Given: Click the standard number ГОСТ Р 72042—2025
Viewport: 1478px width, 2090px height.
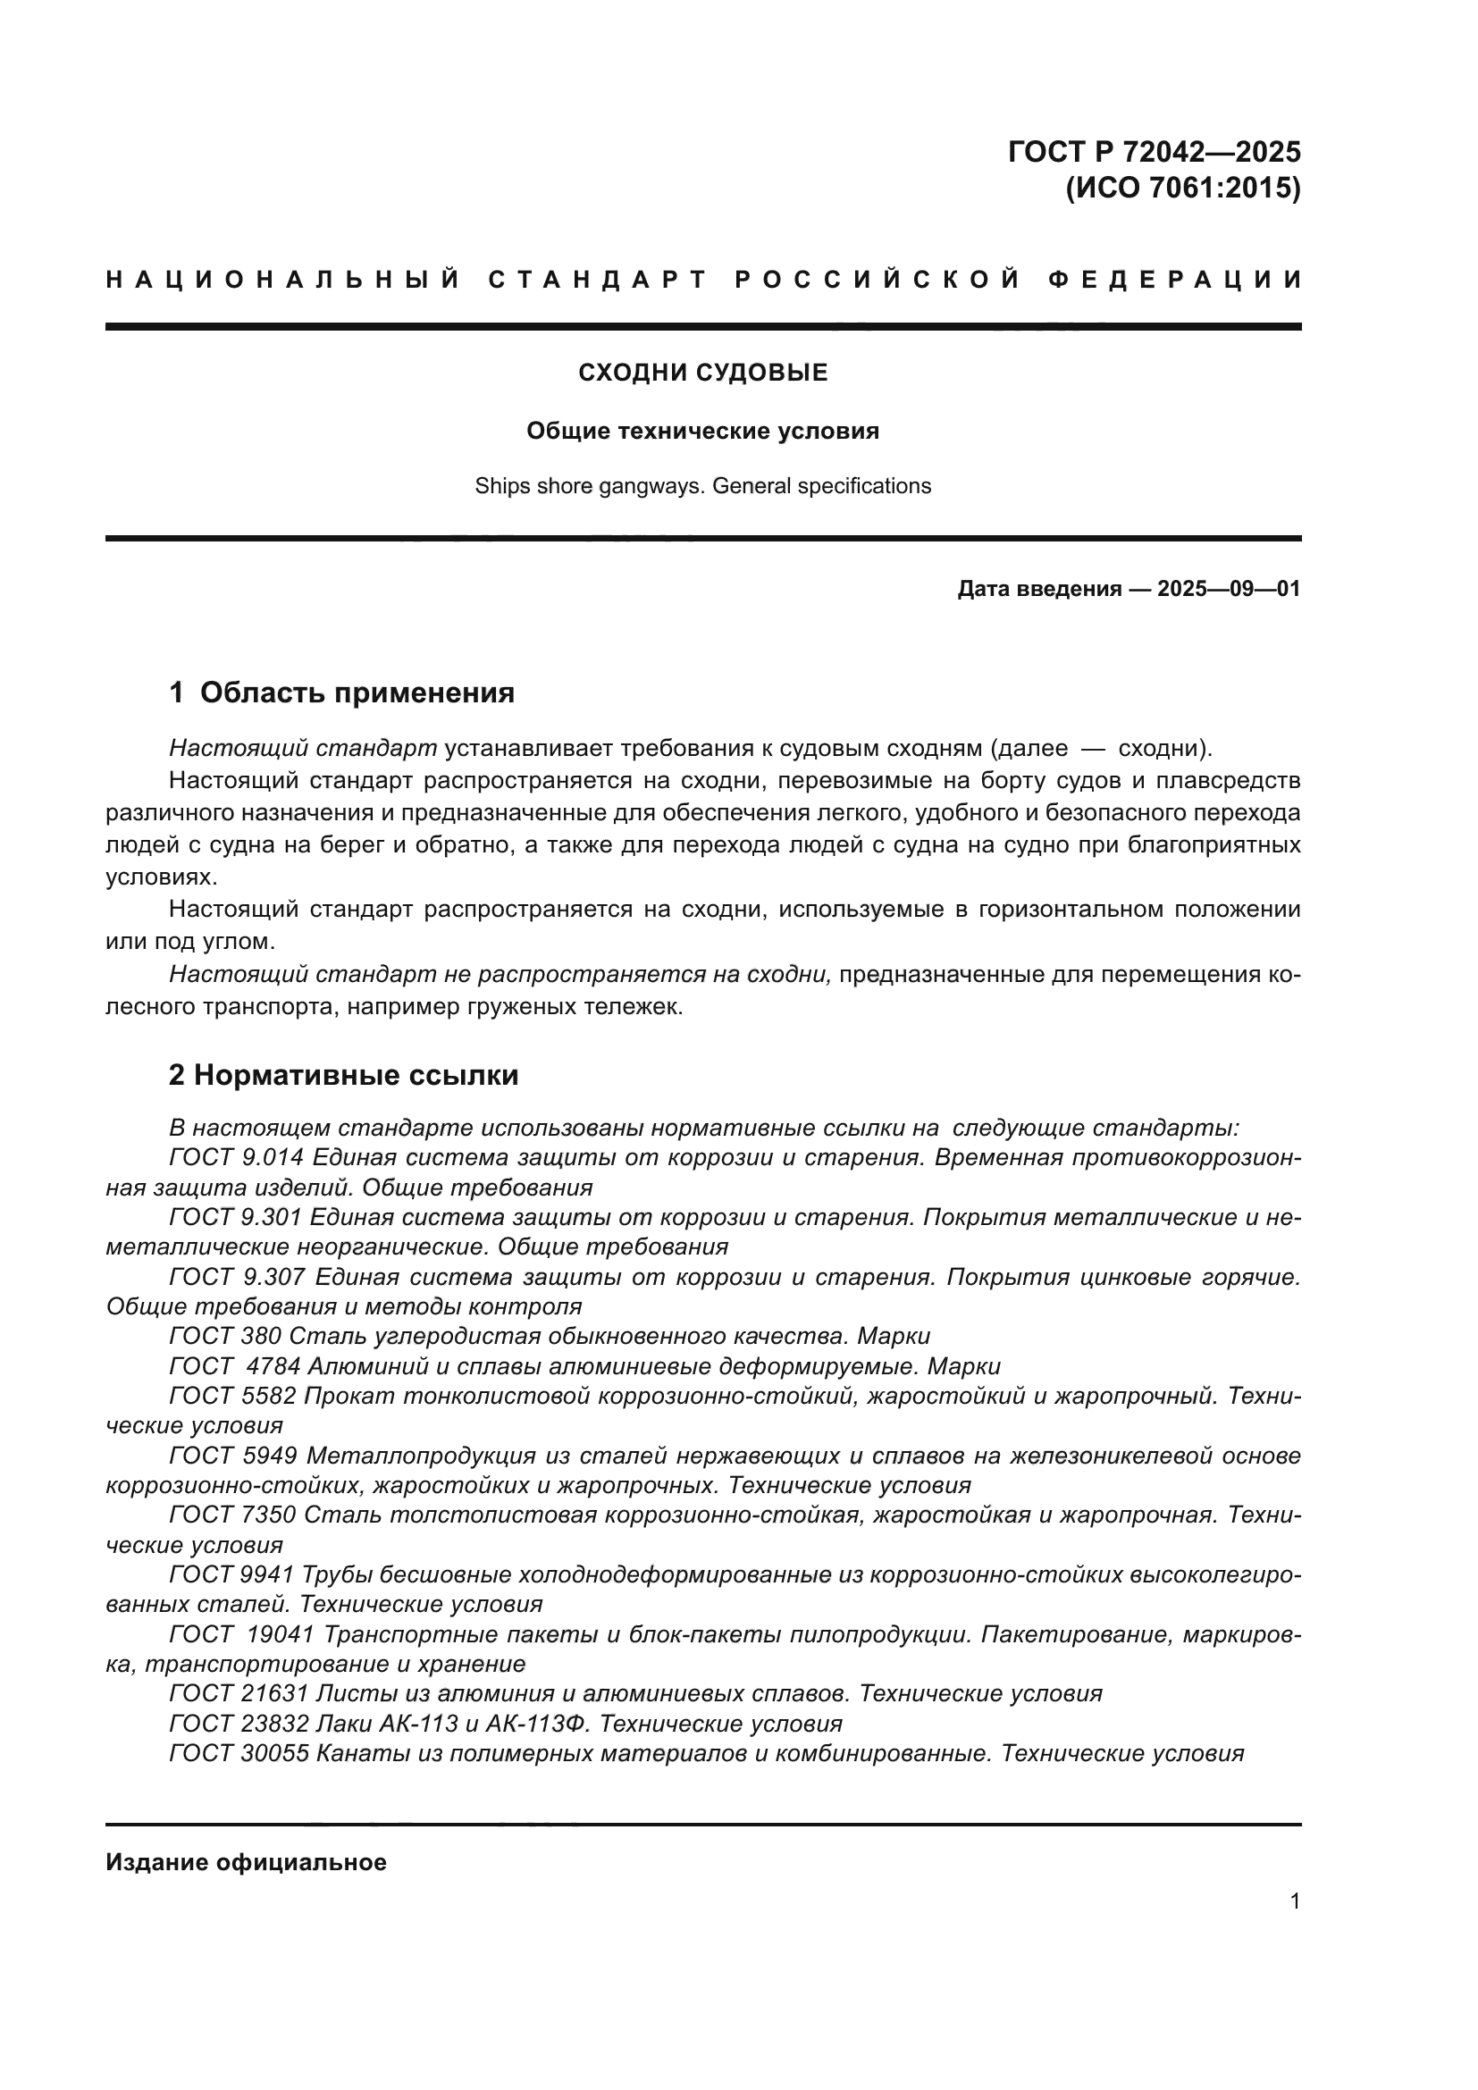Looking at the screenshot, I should click(1154, 151).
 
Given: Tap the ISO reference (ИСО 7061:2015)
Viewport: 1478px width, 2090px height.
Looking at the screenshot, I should click(1182, 189).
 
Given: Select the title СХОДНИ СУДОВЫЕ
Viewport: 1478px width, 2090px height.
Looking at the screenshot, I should click(702, 373).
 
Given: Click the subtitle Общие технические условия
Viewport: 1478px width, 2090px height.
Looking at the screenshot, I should click(702, 431).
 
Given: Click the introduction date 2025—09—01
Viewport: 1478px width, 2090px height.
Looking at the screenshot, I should click(1228, 589).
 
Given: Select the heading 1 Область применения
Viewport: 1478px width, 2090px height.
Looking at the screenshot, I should click(341, 692).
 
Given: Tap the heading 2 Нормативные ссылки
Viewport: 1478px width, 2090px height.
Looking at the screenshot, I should click(343, 1075).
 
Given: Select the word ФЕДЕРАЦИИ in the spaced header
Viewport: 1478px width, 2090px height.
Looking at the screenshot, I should click(1176, 280).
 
